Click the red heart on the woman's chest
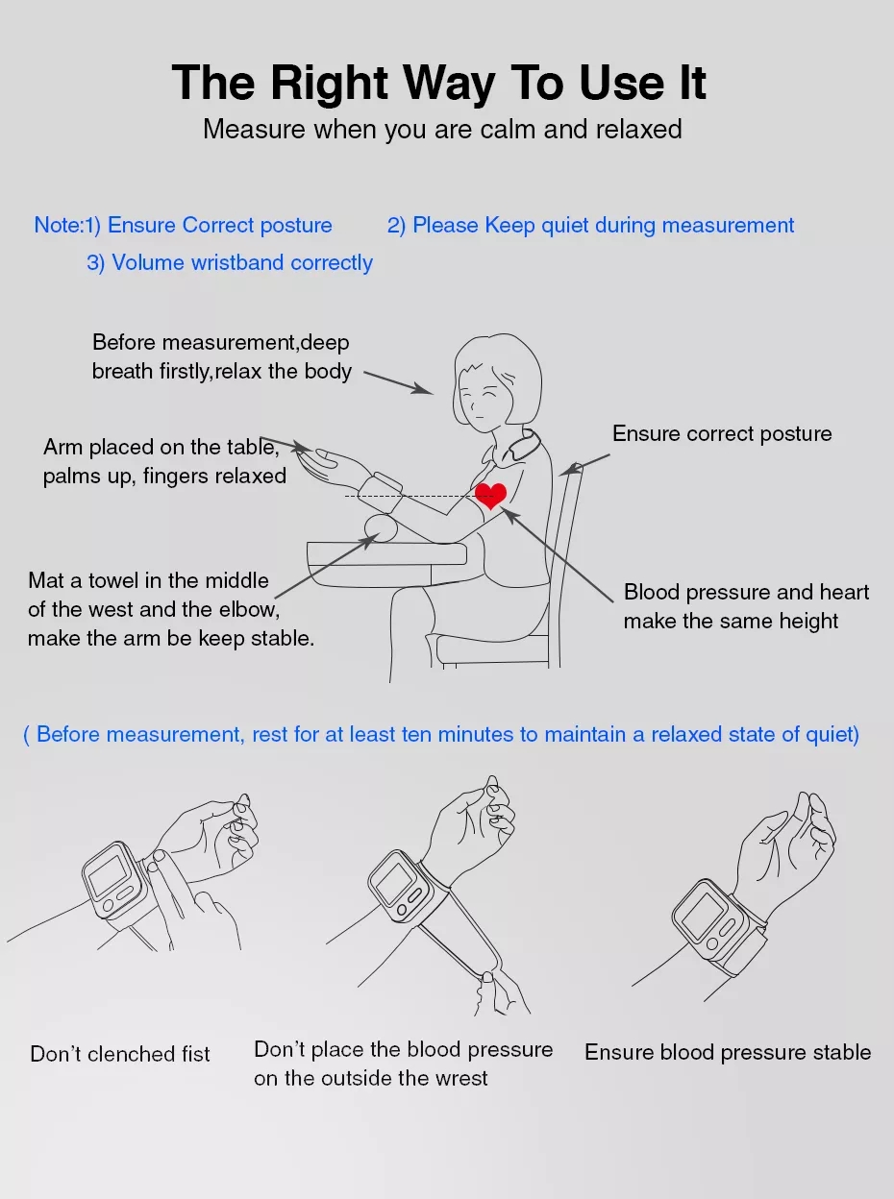tap(490, 496)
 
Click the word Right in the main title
tap(330, 84)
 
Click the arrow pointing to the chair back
tap(584, 465)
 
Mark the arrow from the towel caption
tap(327, 566)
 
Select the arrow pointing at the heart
tap(557, 555)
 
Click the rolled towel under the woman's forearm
tap(381, 528)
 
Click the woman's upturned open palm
tap(328, 463)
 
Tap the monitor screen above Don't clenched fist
tap(109, 874)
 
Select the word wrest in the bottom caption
tap(459, 1079)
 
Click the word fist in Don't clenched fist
tap(196, 1054)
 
